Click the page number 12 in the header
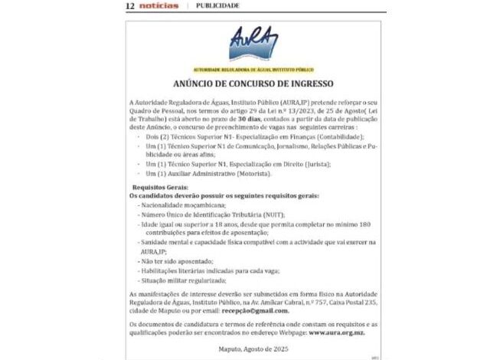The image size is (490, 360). click(130, 5)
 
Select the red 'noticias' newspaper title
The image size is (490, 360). click(159, 5)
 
